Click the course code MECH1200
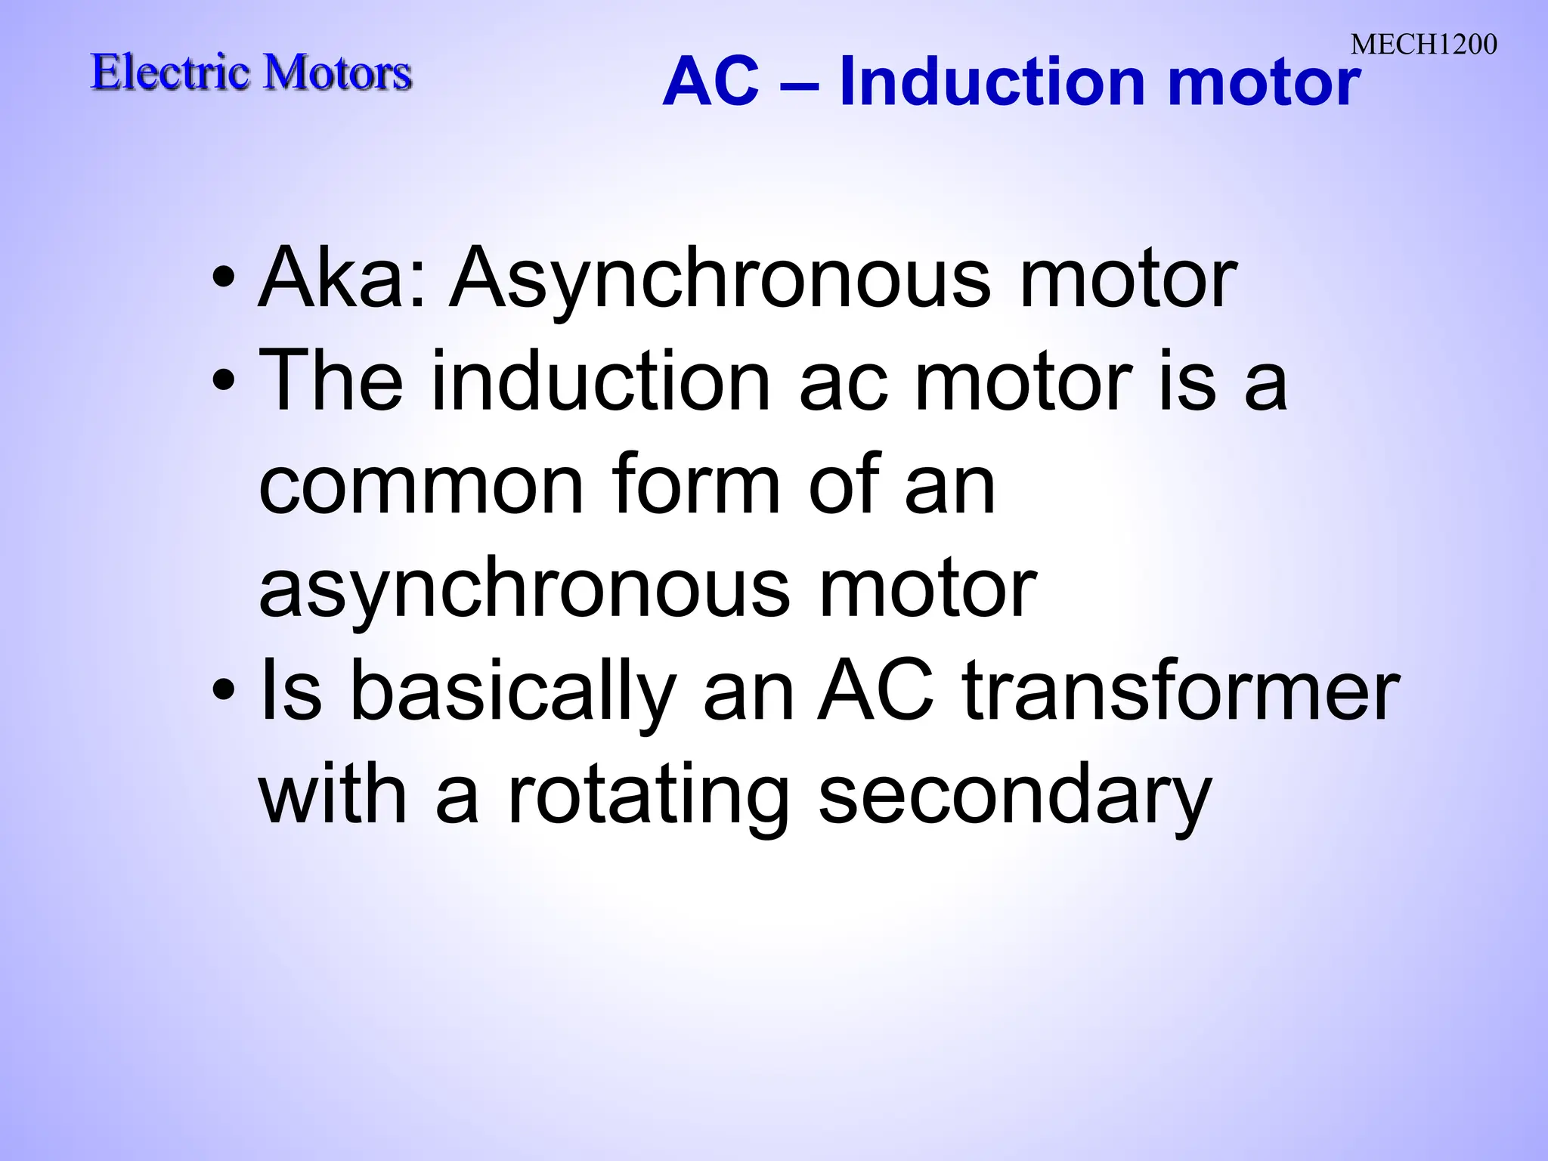1423,45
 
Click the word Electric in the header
170,73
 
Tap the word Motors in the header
338,73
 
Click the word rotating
649,797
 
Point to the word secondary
1015,797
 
